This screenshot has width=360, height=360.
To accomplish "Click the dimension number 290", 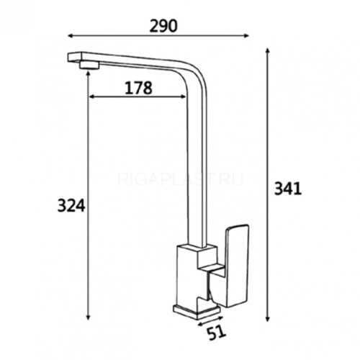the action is coord(163,26).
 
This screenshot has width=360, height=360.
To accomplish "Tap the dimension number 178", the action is coord(138,88).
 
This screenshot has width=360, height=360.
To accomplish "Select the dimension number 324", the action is coord(71,206).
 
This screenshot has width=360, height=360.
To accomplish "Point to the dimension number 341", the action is coord(288,189).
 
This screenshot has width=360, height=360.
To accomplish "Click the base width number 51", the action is coord(216,333).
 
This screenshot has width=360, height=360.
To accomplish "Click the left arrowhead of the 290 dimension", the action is coord(71,36).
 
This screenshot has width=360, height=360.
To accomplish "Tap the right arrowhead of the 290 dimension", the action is coord(246,36).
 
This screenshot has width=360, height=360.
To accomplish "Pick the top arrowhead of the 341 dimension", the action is coord(268,51).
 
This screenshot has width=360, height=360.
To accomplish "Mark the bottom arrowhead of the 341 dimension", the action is coord(268,319).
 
